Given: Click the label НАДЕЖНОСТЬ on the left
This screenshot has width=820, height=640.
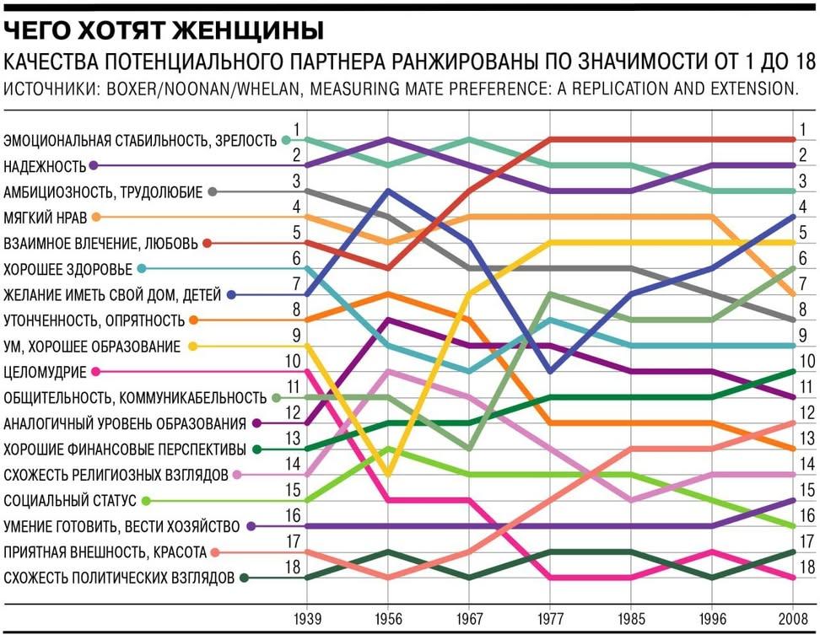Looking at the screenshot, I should pos(46,166).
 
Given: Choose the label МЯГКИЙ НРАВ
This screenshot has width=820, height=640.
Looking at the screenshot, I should pos(46,218).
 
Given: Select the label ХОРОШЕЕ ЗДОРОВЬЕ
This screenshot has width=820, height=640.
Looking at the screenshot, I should pos(68,269).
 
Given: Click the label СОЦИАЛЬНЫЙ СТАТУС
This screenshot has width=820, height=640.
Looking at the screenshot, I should pos(70,501).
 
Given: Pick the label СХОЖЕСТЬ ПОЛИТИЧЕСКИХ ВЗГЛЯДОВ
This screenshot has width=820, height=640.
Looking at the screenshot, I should pos(119,578).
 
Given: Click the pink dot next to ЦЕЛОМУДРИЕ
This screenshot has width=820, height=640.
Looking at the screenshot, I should pos(95,372).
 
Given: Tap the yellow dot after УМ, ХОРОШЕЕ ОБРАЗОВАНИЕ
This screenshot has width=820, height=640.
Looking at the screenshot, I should pos(192,346).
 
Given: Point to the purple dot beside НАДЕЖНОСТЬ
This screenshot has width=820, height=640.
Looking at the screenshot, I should pos(94,166).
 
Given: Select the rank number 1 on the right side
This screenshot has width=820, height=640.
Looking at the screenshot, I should pos(804,130).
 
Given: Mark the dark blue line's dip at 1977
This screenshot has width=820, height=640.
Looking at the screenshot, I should pos(550,372).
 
